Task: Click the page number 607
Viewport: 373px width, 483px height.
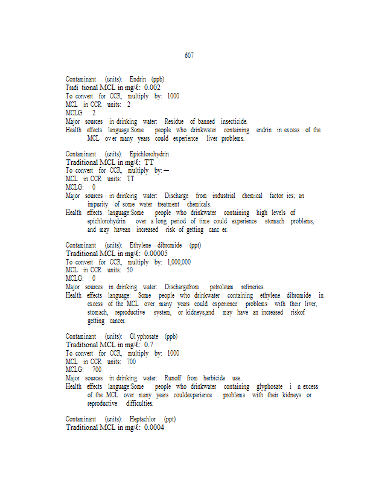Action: point(189,56)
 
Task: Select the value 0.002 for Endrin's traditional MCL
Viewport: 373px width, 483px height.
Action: point(152,88)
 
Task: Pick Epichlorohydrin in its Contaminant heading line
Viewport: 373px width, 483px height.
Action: point(149,154)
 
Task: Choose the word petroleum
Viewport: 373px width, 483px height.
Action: point(222,287)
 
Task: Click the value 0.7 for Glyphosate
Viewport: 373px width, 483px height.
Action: point(148,345)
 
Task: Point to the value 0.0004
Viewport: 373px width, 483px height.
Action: point(154,427)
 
